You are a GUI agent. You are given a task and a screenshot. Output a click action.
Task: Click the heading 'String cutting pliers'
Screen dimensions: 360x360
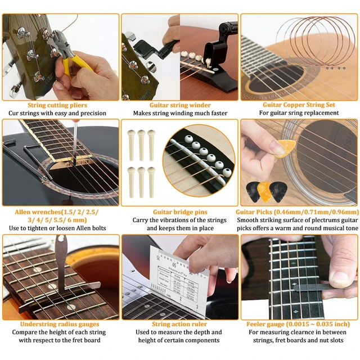tap(61, 105)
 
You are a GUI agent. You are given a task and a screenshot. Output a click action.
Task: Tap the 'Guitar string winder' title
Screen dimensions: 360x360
tap(180, 105)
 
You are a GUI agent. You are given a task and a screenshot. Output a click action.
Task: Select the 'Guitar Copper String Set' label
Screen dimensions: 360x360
tap(299, 105)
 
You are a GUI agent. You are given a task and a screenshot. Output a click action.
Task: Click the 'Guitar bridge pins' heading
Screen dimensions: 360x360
tap(180, 212)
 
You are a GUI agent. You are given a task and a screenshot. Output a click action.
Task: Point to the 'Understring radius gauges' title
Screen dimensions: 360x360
tap(60, 324)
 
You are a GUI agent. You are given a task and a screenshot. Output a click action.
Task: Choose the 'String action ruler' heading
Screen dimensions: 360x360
tap(179, 324)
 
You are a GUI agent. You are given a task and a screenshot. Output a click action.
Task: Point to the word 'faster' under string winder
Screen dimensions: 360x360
tap(216, 113)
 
